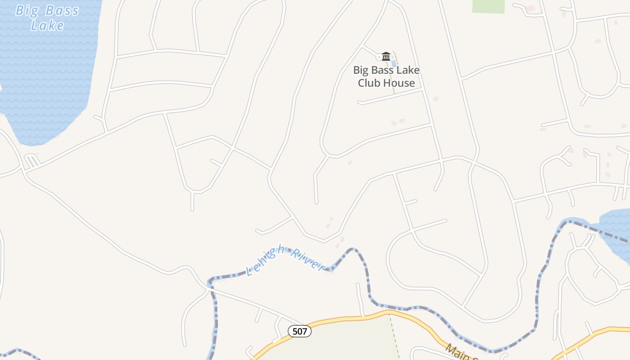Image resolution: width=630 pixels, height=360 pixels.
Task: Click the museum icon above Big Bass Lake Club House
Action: (386, 56)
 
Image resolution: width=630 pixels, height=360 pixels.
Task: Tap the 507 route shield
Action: (299, 332)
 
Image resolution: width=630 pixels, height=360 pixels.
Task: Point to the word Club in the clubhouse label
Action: (370, 83)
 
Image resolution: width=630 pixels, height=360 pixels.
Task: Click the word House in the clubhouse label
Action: (398, 83)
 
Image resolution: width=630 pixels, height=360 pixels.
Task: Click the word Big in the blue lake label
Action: (25, 10)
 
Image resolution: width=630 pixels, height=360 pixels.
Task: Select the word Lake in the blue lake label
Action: (47, 25)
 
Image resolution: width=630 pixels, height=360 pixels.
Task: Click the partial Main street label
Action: (461, 352)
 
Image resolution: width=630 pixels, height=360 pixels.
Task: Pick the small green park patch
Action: (488, 6)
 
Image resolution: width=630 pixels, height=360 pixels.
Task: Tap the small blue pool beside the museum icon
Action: (394, 63)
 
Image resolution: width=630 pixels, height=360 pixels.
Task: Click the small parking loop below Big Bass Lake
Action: (31, 160)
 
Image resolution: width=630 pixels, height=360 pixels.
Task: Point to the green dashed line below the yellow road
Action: (395, 337)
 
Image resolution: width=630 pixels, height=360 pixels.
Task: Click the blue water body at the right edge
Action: (616, 229)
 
